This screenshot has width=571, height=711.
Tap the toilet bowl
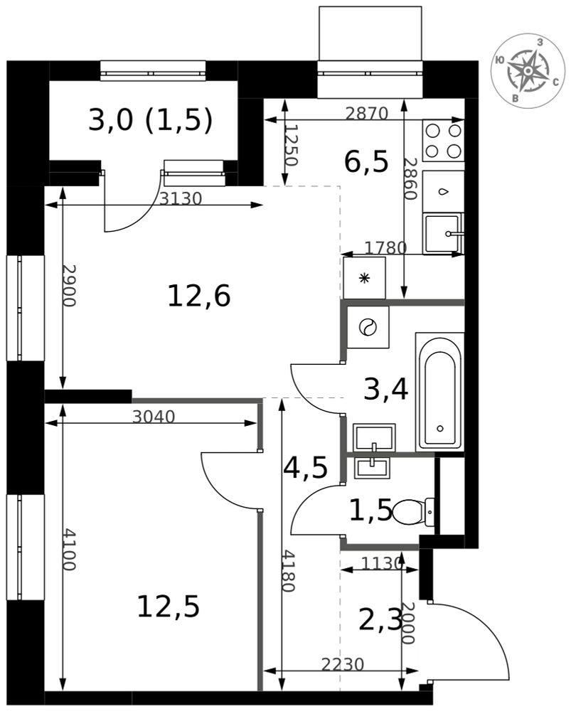tap(413, 513)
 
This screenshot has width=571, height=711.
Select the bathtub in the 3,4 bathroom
tap(439, 391)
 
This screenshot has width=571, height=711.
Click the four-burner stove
tap(443, 140)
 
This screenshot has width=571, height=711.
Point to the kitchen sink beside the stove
tap(443, 234)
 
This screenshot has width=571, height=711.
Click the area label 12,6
tap(199, 296)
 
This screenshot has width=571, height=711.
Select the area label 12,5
tap(169, 606)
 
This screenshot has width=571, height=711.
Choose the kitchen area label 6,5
tap(366, 162)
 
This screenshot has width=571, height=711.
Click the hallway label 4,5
tap(305, 468)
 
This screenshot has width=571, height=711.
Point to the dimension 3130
tap(181, 198)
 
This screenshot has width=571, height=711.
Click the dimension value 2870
tap(366, 113)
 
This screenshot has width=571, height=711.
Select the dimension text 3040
tap(154, 416)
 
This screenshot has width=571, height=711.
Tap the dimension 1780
tap(386, 247)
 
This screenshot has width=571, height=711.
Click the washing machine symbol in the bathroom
tap(368, 327)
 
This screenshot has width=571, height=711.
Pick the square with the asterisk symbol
tap(365, 278)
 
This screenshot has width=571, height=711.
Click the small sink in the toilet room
tap(373, 467)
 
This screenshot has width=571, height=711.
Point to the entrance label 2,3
tap(380, 620)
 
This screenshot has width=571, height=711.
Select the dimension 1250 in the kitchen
tap(292, 145)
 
